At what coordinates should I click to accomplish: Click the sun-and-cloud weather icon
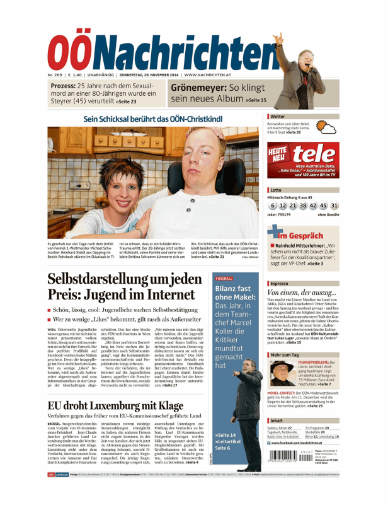(326, 129)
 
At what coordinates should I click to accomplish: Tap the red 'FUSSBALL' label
(224, 278)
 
